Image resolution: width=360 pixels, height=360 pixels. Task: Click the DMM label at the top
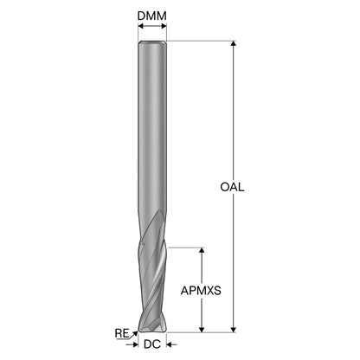tap(152, 16)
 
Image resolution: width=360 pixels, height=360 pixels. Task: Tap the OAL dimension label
tap(232, 187)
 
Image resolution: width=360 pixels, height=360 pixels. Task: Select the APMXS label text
tap(201, 291)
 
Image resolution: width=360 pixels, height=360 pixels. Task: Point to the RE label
tap(122, 333)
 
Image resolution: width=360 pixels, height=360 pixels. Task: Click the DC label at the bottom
tap(152, 344)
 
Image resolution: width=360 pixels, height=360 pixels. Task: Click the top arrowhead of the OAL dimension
tap(234, 43)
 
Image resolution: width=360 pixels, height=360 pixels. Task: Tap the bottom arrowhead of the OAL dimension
tap(234, 330)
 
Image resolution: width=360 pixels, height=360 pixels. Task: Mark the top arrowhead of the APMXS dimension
tap(202, 250)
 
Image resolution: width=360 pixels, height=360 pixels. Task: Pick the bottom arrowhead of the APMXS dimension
tap(202, 330)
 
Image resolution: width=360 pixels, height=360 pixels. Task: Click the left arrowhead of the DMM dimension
tap(141, 26)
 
